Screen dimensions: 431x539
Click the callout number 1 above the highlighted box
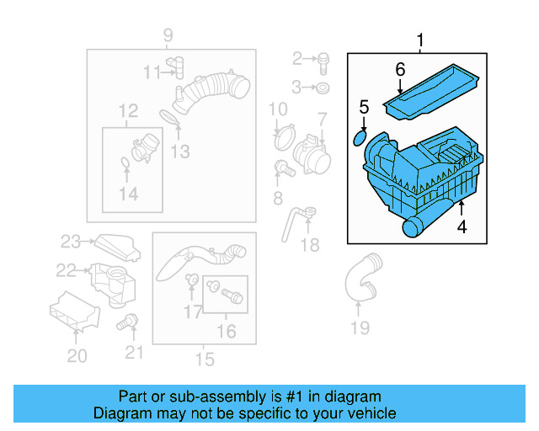point(420,40)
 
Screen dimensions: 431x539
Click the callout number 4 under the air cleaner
point(462,226)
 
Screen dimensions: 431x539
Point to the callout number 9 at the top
point(168,35)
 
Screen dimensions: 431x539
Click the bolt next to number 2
point(324,59)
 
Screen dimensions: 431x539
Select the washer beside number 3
point(324,88)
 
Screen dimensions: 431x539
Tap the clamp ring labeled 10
point(281,130)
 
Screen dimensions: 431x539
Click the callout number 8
point(278,198)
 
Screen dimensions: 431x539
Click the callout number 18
point(311,245)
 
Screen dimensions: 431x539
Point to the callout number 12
point(128,110)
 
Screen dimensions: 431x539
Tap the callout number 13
point(179,152)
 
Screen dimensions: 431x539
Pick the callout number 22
point(67,270)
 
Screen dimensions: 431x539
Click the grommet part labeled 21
point(130,321)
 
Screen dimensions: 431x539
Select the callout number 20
point(77,356)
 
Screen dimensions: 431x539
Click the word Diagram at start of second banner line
point(118,413)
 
